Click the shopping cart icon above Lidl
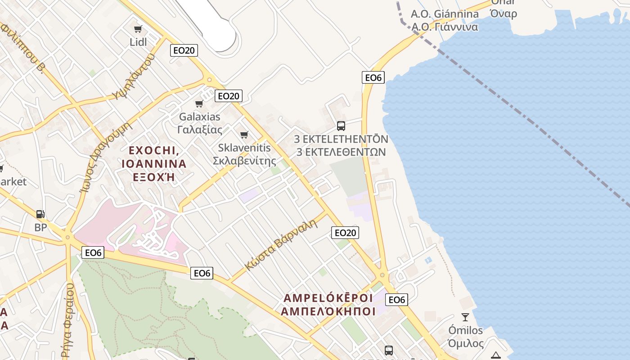138,29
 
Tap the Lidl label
138,42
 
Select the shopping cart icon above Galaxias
199,104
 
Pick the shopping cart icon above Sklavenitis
244,135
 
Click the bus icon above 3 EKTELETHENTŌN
341,126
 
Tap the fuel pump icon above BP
40,215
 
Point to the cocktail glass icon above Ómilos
465,317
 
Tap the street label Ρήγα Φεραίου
68,320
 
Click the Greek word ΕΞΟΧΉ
154,177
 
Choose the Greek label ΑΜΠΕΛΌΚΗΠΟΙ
328,311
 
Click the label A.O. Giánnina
445,14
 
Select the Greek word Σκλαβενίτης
244,161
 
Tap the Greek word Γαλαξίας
200,130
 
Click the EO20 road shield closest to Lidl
184,50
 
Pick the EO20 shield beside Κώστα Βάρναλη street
345,233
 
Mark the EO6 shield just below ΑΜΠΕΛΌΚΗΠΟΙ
397,300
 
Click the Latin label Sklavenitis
244,148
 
